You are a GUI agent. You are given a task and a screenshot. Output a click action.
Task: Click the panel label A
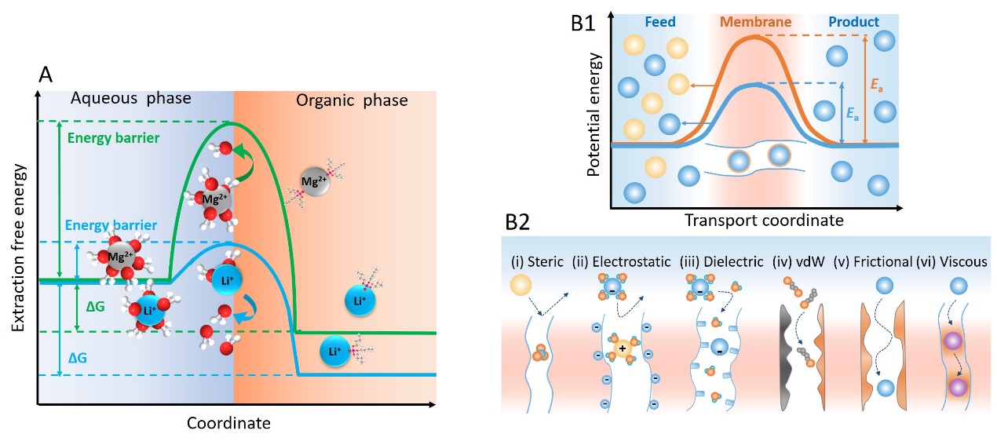[45, 75]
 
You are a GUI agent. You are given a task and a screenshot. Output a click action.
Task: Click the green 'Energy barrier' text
[114, 139]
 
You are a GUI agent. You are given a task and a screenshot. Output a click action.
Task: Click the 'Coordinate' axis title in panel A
[228, 423]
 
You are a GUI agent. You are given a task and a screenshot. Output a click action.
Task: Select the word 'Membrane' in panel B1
[756, 21]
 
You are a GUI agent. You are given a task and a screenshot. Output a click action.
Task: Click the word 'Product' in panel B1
[855, 21]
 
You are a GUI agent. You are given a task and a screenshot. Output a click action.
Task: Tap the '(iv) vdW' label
[794, 261]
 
